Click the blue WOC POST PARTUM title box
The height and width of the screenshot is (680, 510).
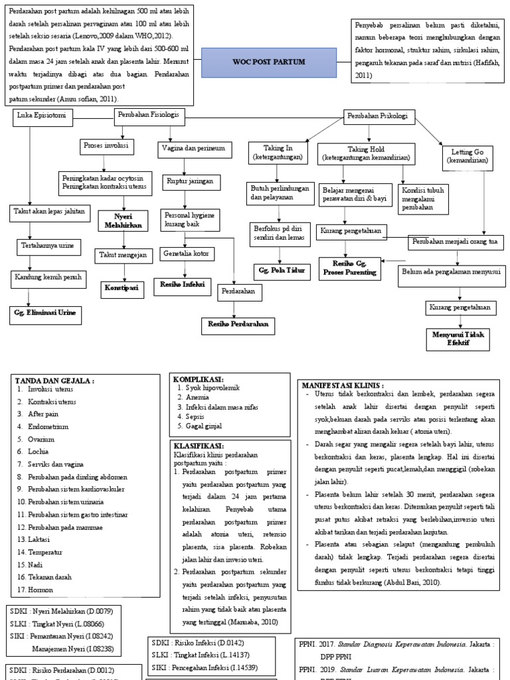pyautogui.click(x=268, y=62)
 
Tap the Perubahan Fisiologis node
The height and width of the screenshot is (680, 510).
pyautogui.click(x=148, y=116)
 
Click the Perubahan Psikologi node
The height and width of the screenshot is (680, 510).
pyautogui.click(x=379, y=117)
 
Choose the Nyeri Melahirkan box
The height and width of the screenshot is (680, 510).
pyautogui.click(x=124, y=220)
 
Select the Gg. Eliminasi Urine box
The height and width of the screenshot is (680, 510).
pyautogui.click(x=45, y=313)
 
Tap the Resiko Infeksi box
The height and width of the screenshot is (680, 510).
pyautogui.click(x=182, y=284)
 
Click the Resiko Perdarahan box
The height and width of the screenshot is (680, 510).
pyautogui.click(x=238, y=323)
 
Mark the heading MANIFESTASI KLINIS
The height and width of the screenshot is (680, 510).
pyautogui.click(x=343, y=385)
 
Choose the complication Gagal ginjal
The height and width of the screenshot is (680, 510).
pyautogui.click(x=204, y=426)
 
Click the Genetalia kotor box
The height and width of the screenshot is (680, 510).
pyautogui.click(x=187, y=253)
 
